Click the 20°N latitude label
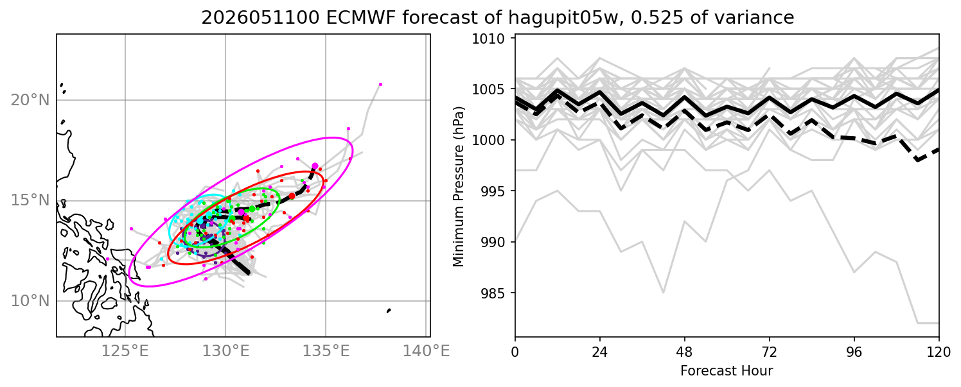[x=30, y=100]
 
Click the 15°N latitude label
[x=30, y=201]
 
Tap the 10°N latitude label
[x=30, y=301]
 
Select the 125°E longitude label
[x=125, y=352]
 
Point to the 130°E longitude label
[x=225, y=352]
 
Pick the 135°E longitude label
[x=326, y=352]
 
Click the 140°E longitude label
[x=426, y=352]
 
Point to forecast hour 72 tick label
[x=770, y=352]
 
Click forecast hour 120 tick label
[x=939, y=352]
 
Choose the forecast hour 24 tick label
[x=600, y=352]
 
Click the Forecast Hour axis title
[x=727, y=371]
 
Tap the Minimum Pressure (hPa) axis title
[x=459, y=186]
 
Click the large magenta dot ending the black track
[x=315, y=166]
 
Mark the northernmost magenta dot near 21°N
[x=380, y=85]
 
